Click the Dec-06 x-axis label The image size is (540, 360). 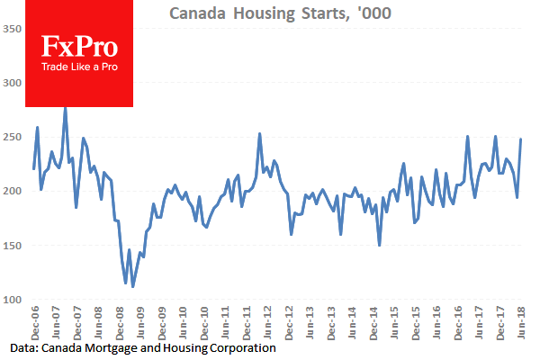(33, 321)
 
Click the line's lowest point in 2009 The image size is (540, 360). (133, 286)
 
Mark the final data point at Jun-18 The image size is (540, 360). (521, 139)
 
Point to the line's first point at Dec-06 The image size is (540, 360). (33, 168)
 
